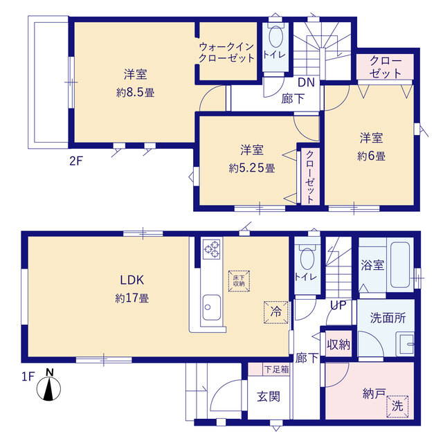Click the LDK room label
(x=132, y=280)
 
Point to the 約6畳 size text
(x=372, y=156)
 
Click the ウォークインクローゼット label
(x=226, y=53)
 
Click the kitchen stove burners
(x=211, y=249)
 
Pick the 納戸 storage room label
(x=373, y=392)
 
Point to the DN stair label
(x=306, y=82)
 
